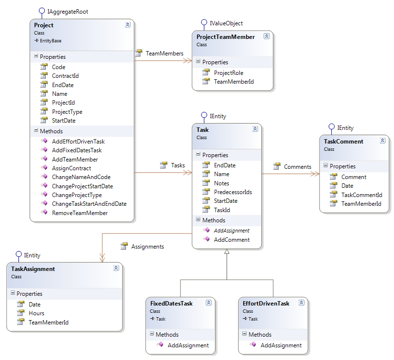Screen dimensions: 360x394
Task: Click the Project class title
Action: coord(44,25)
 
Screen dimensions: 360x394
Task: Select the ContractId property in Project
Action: coord(65,76)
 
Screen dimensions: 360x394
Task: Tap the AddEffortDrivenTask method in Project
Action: coord(78,142)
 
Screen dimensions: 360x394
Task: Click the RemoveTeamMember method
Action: coord(80,213)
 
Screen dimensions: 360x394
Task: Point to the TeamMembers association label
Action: coord(164,54)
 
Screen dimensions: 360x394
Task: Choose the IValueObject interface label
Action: coord(226,23)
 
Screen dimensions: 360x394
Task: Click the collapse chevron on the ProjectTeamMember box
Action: coord(267,36)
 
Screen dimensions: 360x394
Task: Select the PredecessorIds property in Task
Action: coord(233,192)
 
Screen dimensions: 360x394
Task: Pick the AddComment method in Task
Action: coord(232,240)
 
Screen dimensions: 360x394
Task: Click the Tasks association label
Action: coord(178,165)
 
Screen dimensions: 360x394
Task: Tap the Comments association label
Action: coord(297,167)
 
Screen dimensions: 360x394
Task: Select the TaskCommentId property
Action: coord(361,195)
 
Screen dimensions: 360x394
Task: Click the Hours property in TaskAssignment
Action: coord(36,313)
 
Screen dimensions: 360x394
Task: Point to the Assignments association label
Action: coord(147,247)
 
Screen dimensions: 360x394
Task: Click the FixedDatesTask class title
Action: coord(171,304)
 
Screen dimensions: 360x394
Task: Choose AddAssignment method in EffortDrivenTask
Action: coord(281,345)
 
